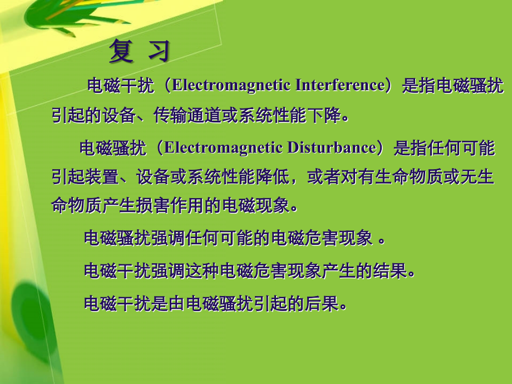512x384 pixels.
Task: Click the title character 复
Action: pyautogui.click(x=122, y=51)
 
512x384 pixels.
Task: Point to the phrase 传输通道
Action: pyautogui.click(x=188, y=116)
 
